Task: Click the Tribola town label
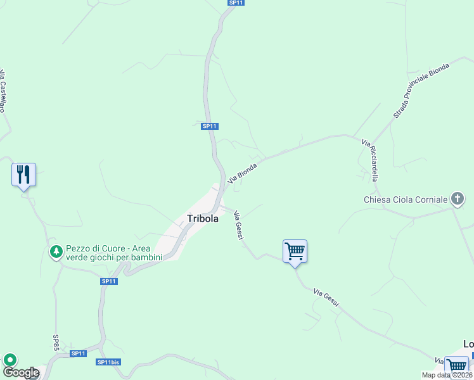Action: coord(203,218)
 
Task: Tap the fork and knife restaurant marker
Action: coord(24,174)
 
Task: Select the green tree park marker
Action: coord(56,252)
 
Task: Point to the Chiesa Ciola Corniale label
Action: coord(406,200)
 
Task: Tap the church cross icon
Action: coord(457,199)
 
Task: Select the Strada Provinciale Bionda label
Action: coord(421,90)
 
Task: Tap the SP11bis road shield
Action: coord(108,362)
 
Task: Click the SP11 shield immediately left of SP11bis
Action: coord(78,353)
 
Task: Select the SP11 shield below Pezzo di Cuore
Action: coord(109,281)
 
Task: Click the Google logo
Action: coord(20,373)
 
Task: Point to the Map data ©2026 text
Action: coord(447,375)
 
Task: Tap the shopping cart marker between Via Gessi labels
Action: coord(295,251)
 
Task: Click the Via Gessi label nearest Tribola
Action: coord(239,224)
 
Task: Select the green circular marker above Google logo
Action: coord(10,360)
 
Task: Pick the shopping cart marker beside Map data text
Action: coord(456,365)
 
